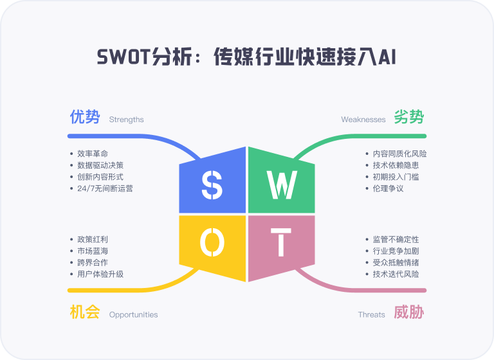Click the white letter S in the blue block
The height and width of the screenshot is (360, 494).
pos(212,185)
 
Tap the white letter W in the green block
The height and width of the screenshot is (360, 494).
pos(282,184)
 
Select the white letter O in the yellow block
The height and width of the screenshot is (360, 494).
pos(212,242)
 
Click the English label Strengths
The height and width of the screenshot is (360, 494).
pos(126,120)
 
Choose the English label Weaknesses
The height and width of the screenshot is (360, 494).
pos(363,120)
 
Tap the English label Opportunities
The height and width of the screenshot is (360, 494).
pos(133,314)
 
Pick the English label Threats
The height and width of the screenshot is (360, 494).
pos(371,314)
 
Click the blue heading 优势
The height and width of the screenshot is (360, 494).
pos(85,117)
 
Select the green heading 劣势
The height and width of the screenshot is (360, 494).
pos(409,117)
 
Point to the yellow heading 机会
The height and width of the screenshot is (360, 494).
pos(85,312)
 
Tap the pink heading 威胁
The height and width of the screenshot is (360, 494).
pos(409,312)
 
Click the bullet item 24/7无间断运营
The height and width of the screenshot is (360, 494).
pos(105,188)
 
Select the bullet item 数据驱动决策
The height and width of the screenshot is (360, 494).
pos(100,165)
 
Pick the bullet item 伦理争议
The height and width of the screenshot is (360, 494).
pos(388,188)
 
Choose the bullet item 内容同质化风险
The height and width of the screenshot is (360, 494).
pos(400,154)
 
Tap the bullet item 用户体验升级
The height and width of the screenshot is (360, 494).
pos(100,274)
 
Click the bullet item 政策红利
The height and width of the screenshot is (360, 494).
pos(93,239)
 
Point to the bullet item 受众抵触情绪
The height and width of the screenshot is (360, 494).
pos(396,262)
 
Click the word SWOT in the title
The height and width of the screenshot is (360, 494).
pos(123,57)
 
